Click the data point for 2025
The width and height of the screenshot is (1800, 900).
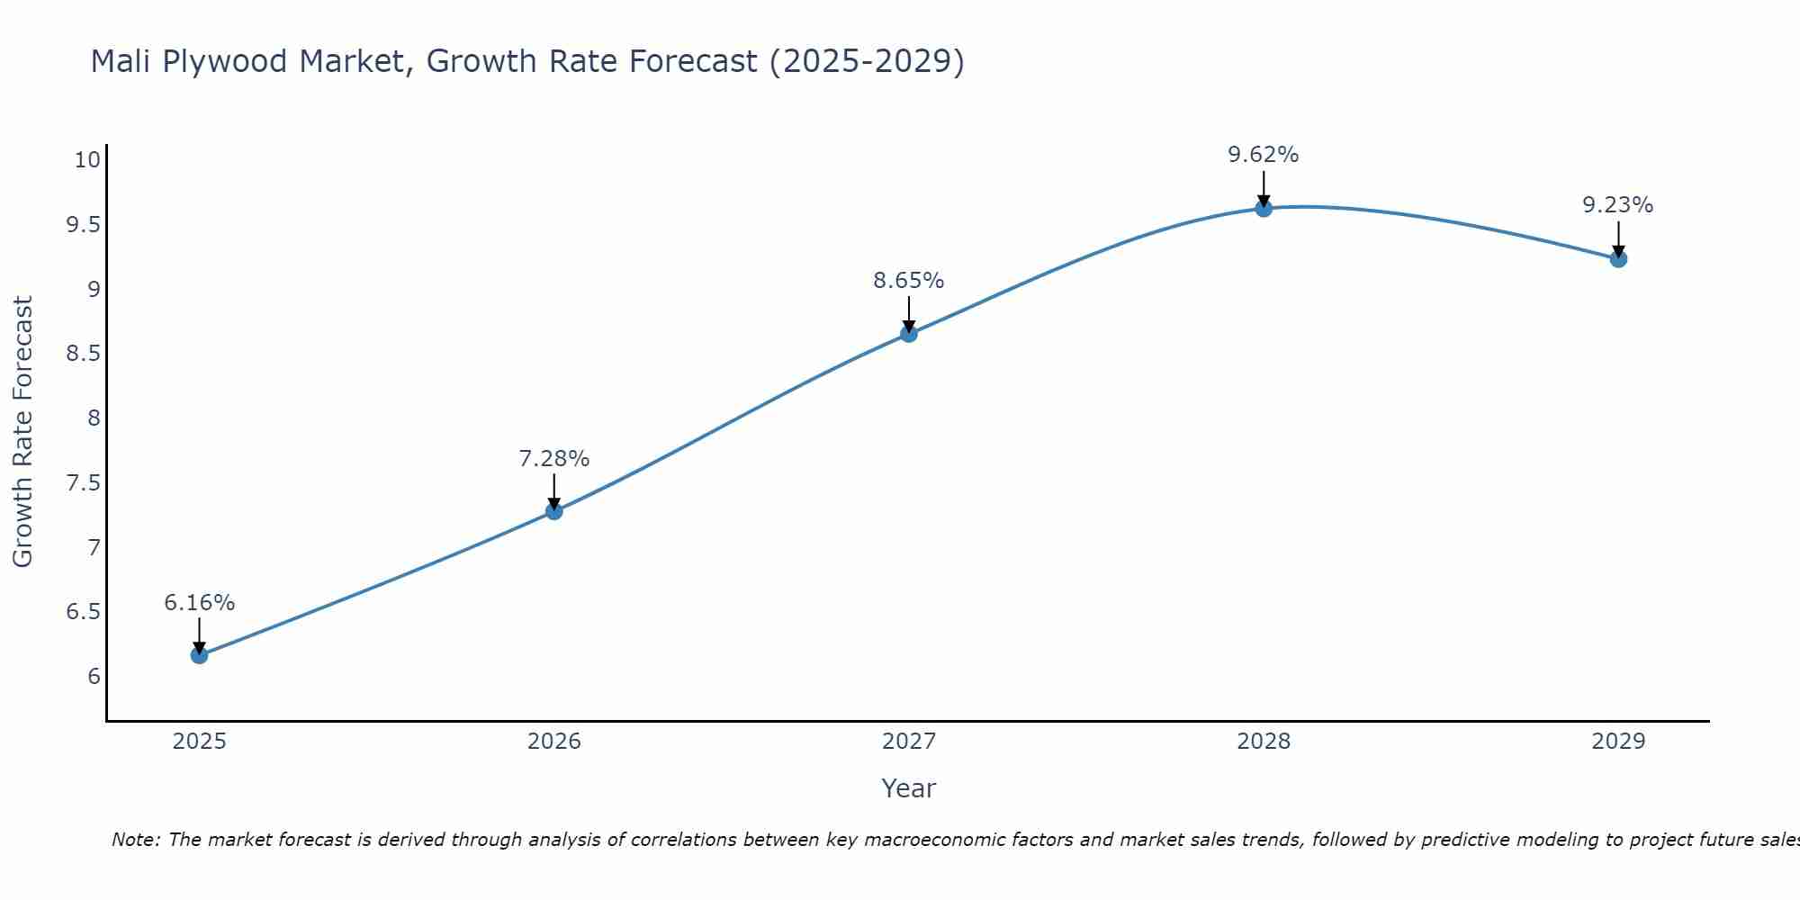coord(199,655)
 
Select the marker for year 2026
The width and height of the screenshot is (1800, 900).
coord(554,511)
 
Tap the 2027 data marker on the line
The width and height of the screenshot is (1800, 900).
coord(909,334)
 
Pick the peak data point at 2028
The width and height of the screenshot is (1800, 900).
coord(1264,209)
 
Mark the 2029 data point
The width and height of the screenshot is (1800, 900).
coord(1618,259)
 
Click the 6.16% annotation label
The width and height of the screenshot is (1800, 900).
coord(199,603)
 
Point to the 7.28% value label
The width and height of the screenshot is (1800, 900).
coord(554,459)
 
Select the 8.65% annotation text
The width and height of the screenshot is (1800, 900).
coord(909,281)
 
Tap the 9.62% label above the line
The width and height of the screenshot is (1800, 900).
coord(1264,155)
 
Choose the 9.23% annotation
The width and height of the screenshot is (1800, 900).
coord(1618,205)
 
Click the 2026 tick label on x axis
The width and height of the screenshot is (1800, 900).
coord(554,742)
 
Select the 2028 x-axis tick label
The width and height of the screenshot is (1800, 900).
coord(1264,742)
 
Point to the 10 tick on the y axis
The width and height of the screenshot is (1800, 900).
coord(87,160)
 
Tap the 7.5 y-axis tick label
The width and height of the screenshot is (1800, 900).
coord(83,483)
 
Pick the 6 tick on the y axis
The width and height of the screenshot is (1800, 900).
coord(94,677)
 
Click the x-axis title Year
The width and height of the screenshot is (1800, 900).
coord(909,788)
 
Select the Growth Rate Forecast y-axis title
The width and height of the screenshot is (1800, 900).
coord(22,432)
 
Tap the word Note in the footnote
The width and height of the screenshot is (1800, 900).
coord(135,840)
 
